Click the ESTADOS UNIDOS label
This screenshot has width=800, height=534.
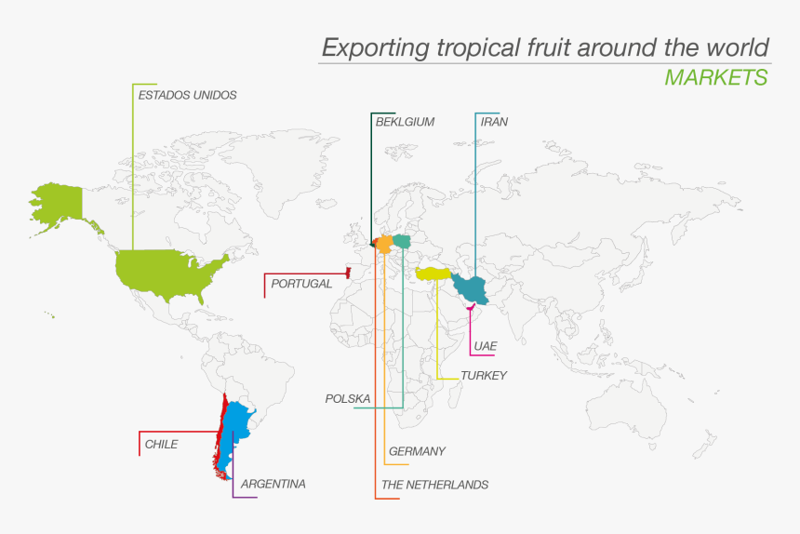click(187, 95)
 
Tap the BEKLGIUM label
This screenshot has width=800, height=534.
click(405, 122)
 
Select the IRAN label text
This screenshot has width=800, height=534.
click(494, 122)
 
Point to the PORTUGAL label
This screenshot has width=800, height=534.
click(301, 284)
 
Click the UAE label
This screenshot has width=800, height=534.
click(485, 346)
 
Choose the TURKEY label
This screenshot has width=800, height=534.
click(484, 376)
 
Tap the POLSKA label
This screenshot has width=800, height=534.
click(348, 399)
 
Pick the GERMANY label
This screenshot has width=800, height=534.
click(417, 451)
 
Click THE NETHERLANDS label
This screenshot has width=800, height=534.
click(434, 485)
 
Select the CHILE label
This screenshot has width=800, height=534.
click(161, 445)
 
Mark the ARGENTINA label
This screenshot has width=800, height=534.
click(273, 484)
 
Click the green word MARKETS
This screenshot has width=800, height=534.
click(716, 77)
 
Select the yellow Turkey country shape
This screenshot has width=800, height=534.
click(433, 274)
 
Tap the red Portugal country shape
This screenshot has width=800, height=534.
click(347, 273)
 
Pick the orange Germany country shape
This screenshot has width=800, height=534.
click(384, 244)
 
